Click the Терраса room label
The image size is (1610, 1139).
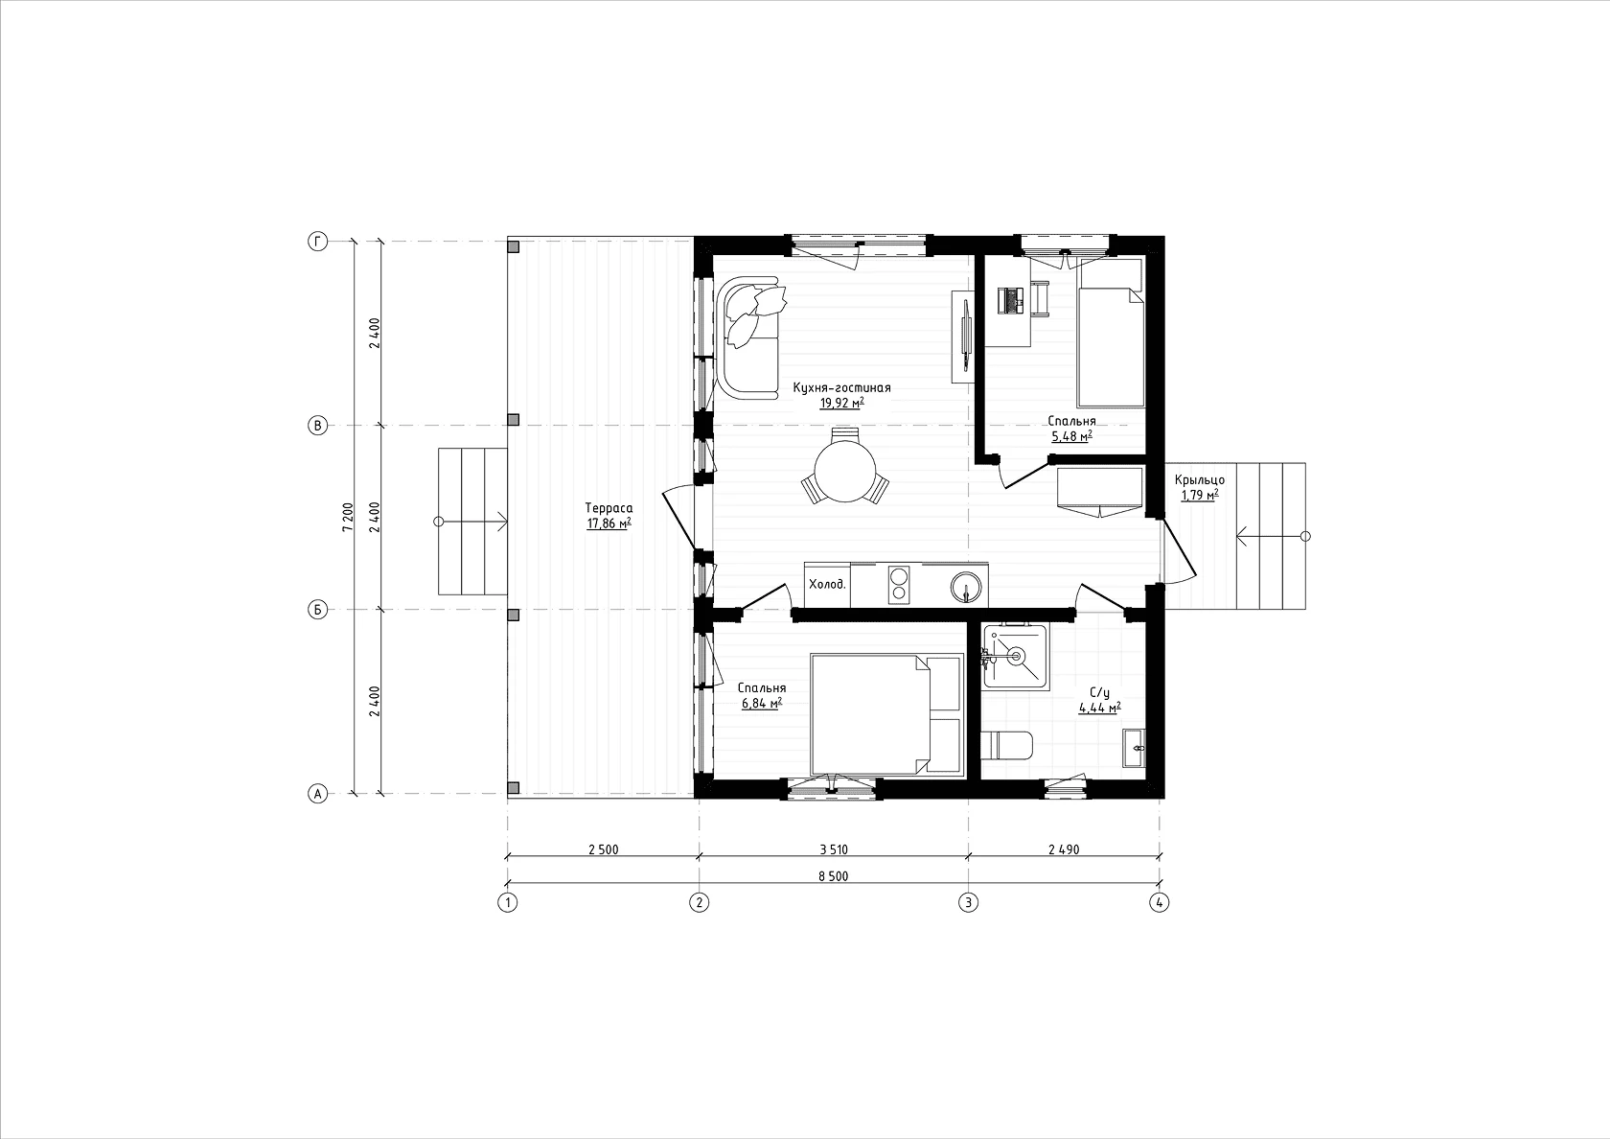click(609, 508)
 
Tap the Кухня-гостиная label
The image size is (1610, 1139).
click(841, 388)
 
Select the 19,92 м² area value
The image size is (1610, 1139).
click(841, 403)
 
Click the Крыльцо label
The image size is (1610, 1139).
click(1200, 480)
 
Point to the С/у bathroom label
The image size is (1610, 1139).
click(1100, 693)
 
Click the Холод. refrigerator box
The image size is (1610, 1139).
click(827, 585)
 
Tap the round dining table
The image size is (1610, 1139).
click(845, 470)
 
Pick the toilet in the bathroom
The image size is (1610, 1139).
click(1007, 745)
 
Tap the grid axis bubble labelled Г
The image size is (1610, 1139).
click(318, 242)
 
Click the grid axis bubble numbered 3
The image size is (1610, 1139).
click(968, 902)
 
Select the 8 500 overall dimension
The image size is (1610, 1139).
click(834, 876)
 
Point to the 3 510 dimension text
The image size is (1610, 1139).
click(834, 849)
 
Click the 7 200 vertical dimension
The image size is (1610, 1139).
click(348, 516)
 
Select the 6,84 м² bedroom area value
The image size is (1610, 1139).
click(762, 704)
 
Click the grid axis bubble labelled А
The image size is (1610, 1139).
click(318, 794)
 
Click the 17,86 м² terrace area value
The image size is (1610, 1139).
click(609, 523)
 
